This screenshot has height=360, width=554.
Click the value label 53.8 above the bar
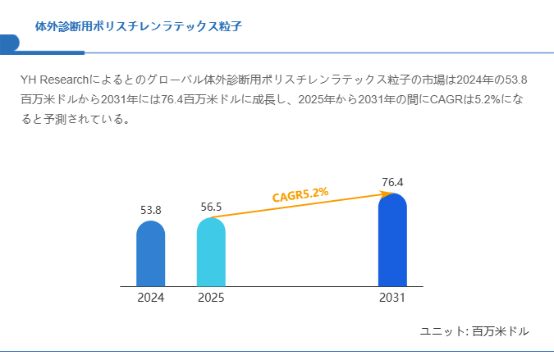point(151,210)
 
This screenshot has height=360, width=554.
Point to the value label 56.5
point(212,207)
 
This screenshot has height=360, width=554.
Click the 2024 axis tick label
point(151,298)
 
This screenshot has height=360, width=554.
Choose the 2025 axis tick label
point(211,298)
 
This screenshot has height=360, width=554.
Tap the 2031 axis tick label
point(392,298)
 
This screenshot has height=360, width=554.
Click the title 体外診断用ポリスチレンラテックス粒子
point(138,26)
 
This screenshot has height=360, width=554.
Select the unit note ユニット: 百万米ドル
point(474,331)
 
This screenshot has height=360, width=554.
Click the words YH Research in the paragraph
point(53,80)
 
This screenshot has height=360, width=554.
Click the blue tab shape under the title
point(10,43)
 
